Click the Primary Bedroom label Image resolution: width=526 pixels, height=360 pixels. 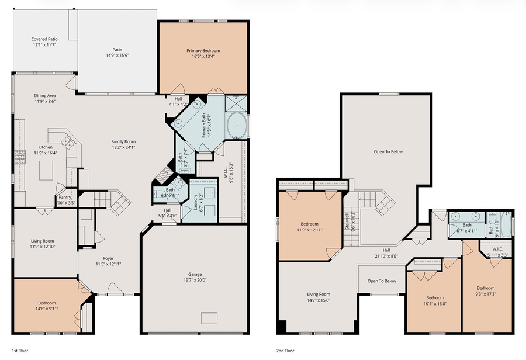203,51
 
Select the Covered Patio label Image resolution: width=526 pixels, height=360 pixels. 44,39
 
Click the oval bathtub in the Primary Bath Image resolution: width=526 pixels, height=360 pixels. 236,125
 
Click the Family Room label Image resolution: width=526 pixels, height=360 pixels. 123,141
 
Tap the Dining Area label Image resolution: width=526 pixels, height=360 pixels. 44,95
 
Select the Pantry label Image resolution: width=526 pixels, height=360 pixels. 64,198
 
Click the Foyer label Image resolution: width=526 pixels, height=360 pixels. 108,258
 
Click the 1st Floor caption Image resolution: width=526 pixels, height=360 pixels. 20,351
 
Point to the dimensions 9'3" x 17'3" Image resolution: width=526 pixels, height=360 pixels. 485,293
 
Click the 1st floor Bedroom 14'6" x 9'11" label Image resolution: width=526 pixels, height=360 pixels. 47,303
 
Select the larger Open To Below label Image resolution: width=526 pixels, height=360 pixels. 388,151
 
